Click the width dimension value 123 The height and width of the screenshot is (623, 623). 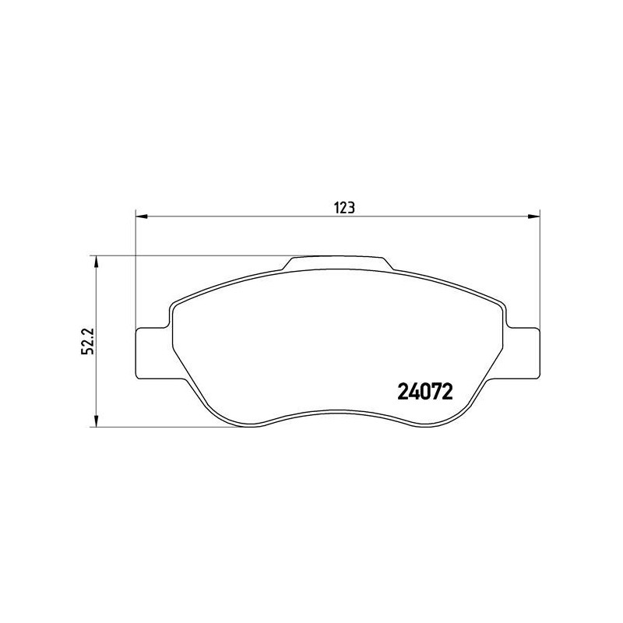(x=345, y=208)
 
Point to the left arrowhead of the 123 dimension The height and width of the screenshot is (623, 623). (x=141, y=216)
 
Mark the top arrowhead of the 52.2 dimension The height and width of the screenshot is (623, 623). (x=96, y=260)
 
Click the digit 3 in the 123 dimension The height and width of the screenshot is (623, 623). (x=352, y=208)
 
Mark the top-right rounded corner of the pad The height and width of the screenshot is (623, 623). (x=496, y=304)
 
